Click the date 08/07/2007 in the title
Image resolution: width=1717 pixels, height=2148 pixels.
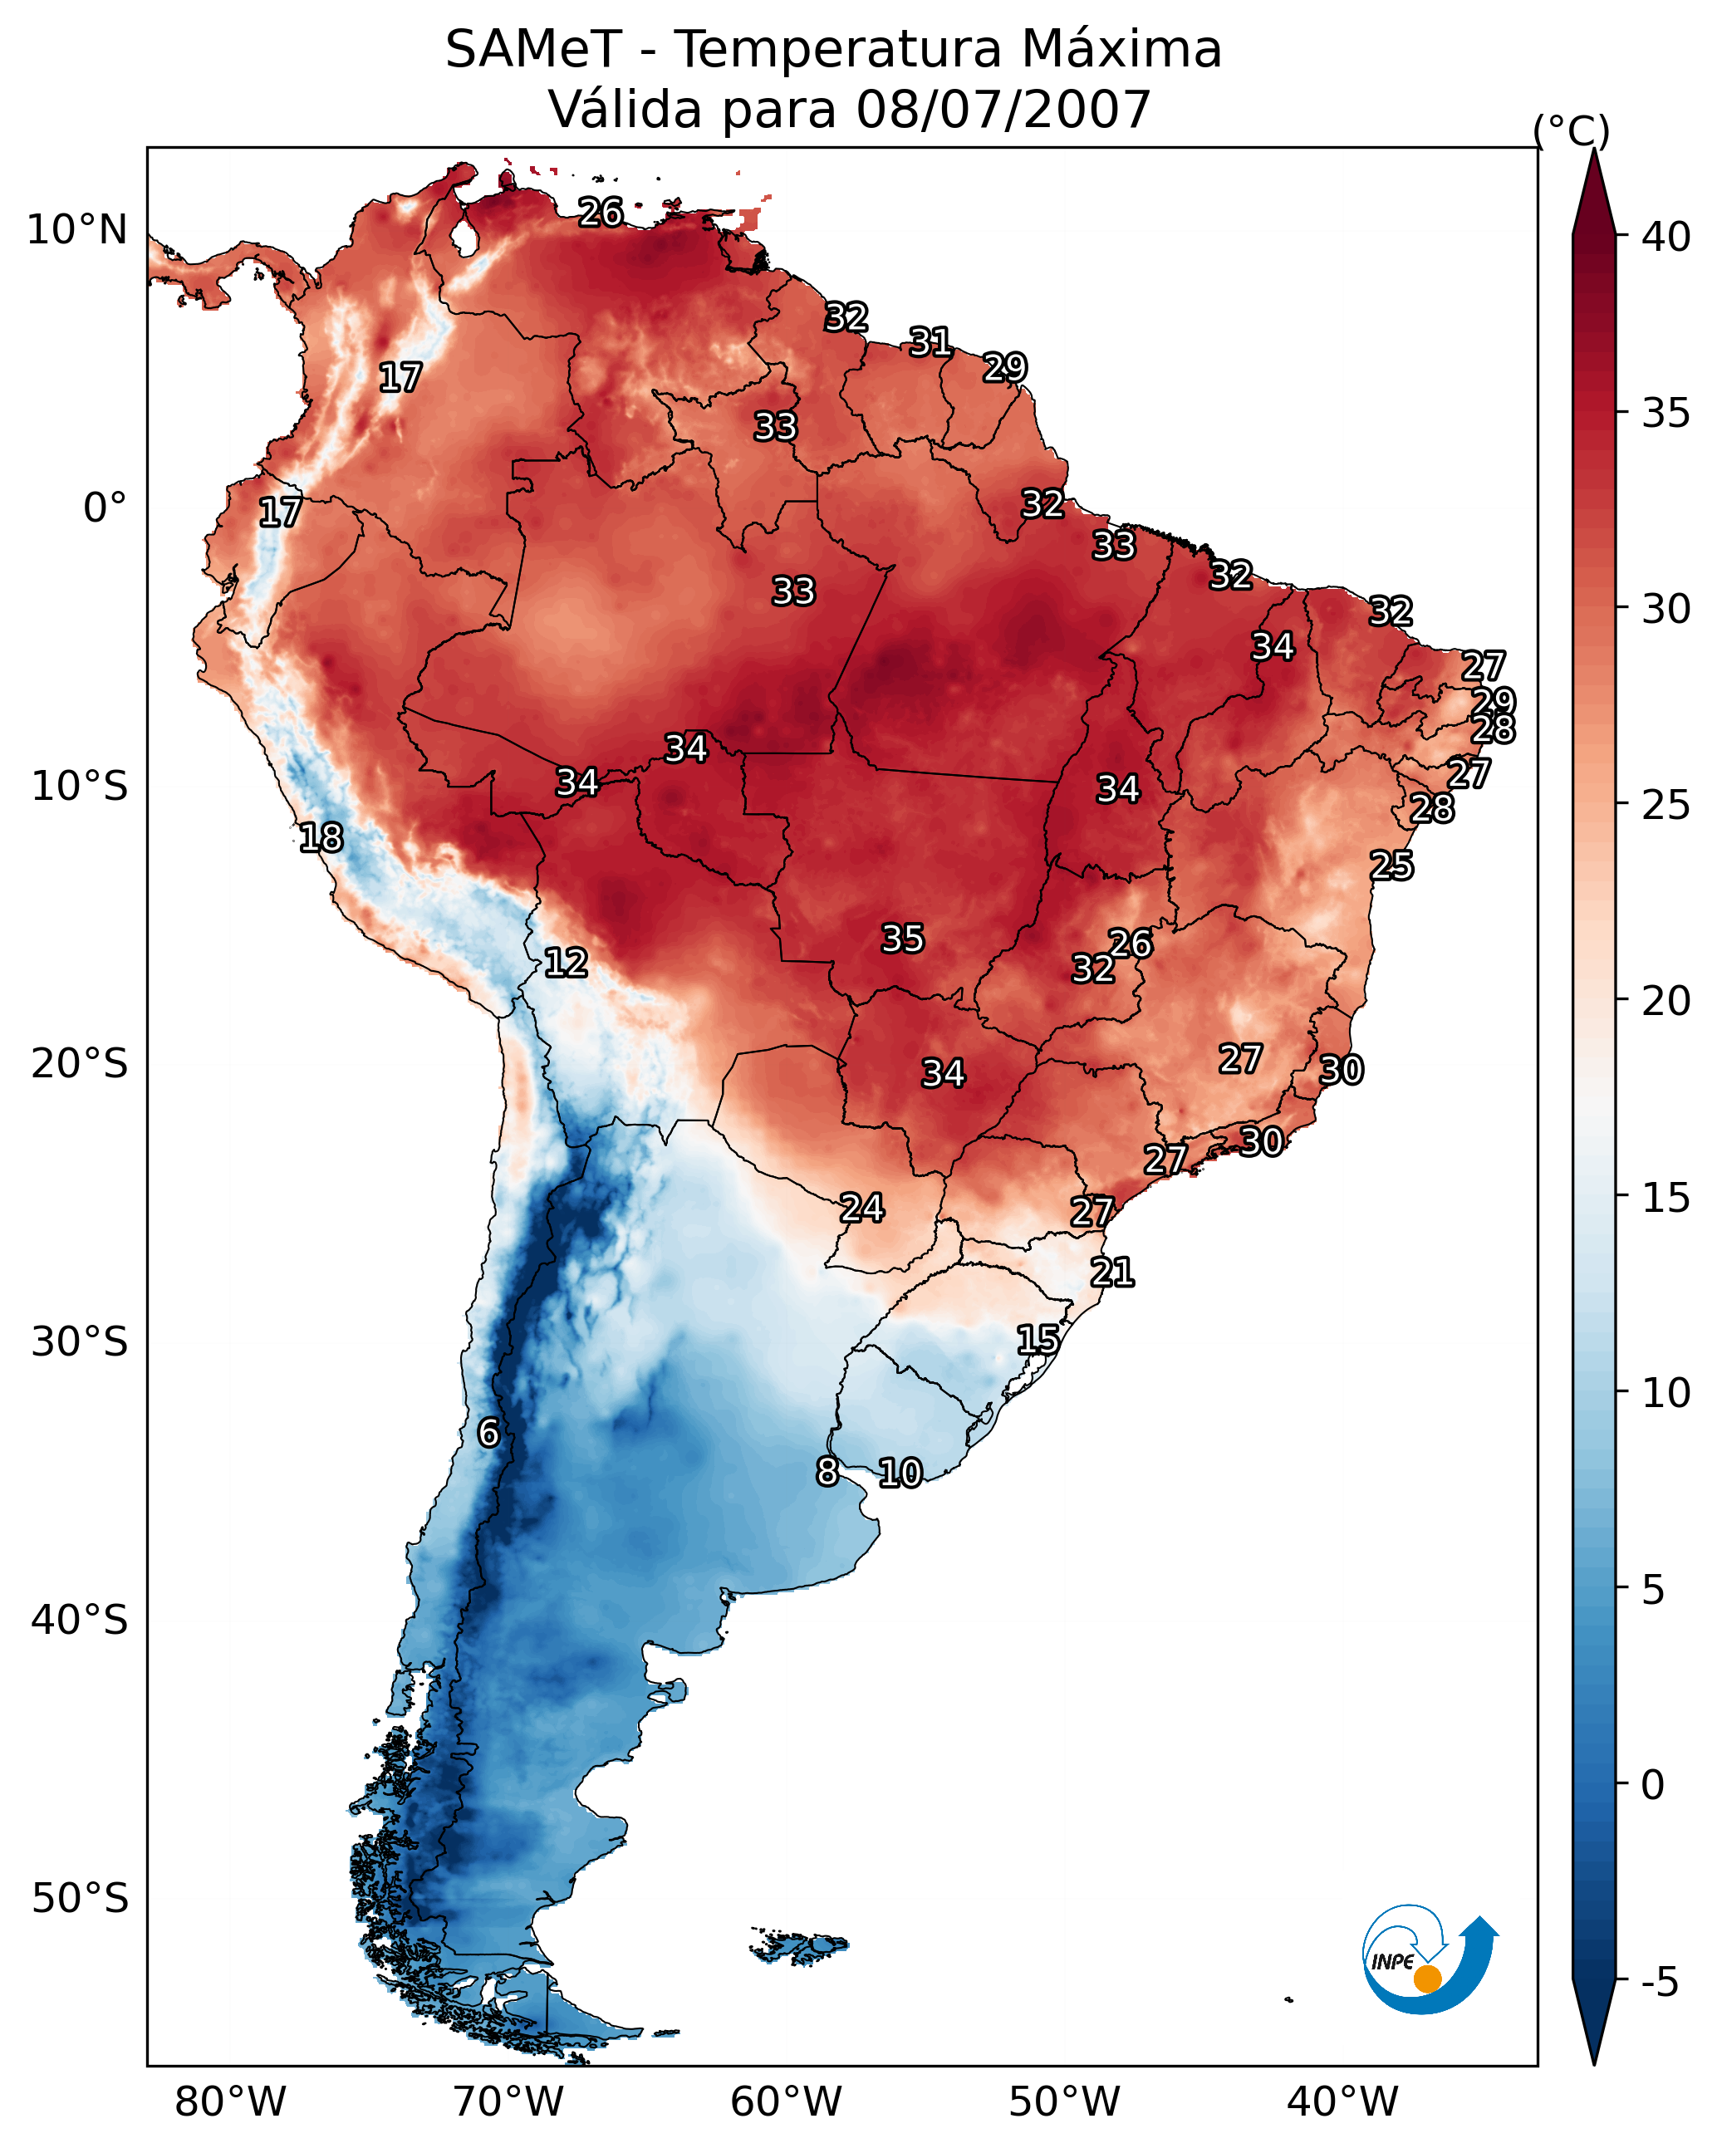click(x=1003, y=110)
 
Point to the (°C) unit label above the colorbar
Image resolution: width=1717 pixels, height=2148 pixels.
click(x=1571, y=130)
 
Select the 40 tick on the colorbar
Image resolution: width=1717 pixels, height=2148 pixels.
click(x=1665, y=237)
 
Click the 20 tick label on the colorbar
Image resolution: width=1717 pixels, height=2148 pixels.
click(x=1665, y=1000)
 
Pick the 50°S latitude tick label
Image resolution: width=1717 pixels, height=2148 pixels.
click(x=80, y=1899)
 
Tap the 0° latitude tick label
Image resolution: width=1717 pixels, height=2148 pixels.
click(x=105, y=508)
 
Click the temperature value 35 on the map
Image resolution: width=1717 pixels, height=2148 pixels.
click(x=903, y=939)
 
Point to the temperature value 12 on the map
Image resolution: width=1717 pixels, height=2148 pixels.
click(x=565, y=963)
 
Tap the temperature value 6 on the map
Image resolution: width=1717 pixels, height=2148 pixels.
click(x=488, y=1433)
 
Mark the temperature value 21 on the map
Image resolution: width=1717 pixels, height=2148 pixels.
click(x=1111, y=1273)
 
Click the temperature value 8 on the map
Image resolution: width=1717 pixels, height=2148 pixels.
click(x=827, y=1472)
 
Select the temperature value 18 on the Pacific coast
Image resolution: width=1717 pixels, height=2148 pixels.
click(x=321, y=838)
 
